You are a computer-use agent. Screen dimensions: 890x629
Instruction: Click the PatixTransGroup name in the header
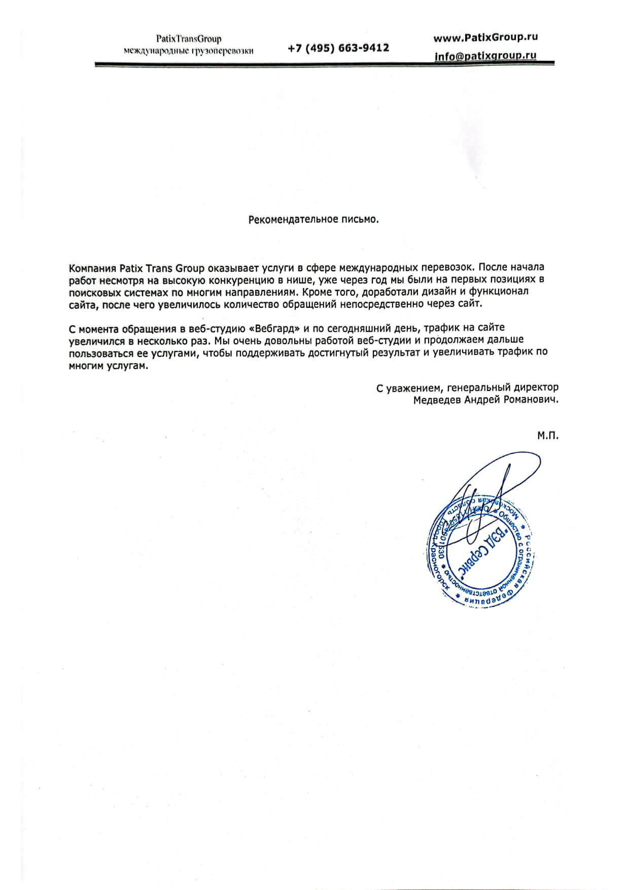pos(189,39)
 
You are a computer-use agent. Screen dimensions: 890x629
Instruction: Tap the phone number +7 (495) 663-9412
pos(338,48)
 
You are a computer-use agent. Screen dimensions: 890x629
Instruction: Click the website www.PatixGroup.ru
pos(485,37)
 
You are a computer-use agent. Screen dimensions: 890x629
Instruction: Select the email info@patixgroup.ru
pos(485,56)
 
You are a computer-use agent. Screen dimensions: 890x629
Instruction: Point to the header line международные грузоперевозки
pos(189,50)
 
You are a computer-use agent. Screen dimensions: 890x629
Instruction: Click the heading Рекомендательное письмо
pos(314,220)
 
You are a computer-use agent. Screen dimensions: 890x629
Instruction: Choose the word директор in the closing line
pos(535,388)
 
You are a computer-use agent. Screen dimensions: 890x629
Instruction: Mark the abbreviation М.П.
pos(548,436)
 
